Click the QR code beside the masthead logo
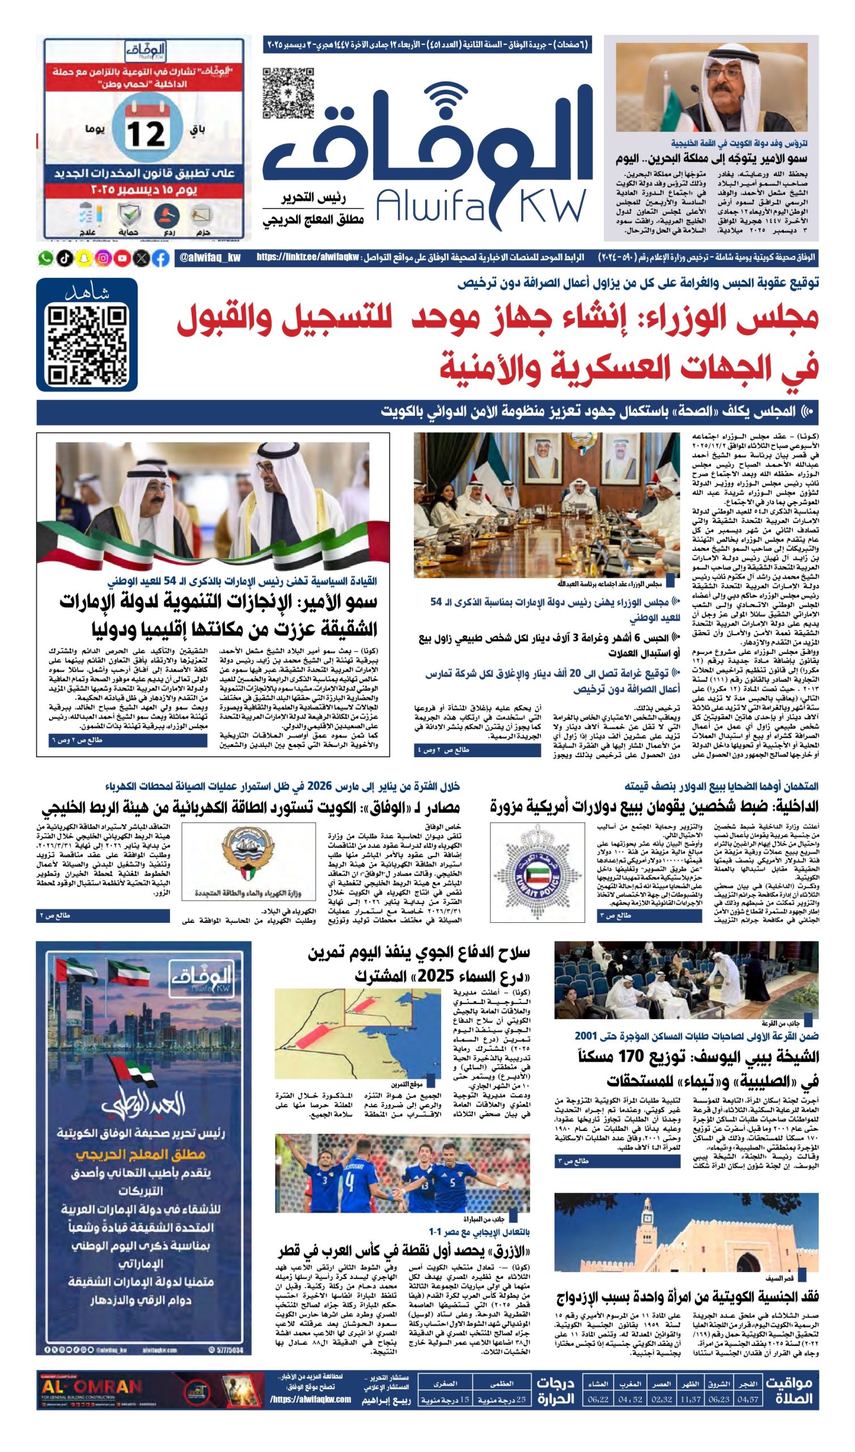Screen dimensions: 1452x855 pos(288,94)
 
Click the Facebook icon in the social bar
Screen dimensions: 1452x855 pos(162,258)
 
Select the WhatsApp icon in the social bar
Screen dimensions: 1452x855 pos(45,258)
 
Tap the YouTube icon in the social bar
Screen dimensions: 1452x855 pos(122,258)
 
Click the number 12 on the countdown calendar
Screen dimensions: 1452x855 pos(147,134)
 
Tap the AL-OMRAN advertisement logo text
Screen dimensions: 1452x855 pos(91,1385)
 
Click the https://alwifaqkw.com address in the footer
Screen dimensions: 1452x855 pos(311,1399)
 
